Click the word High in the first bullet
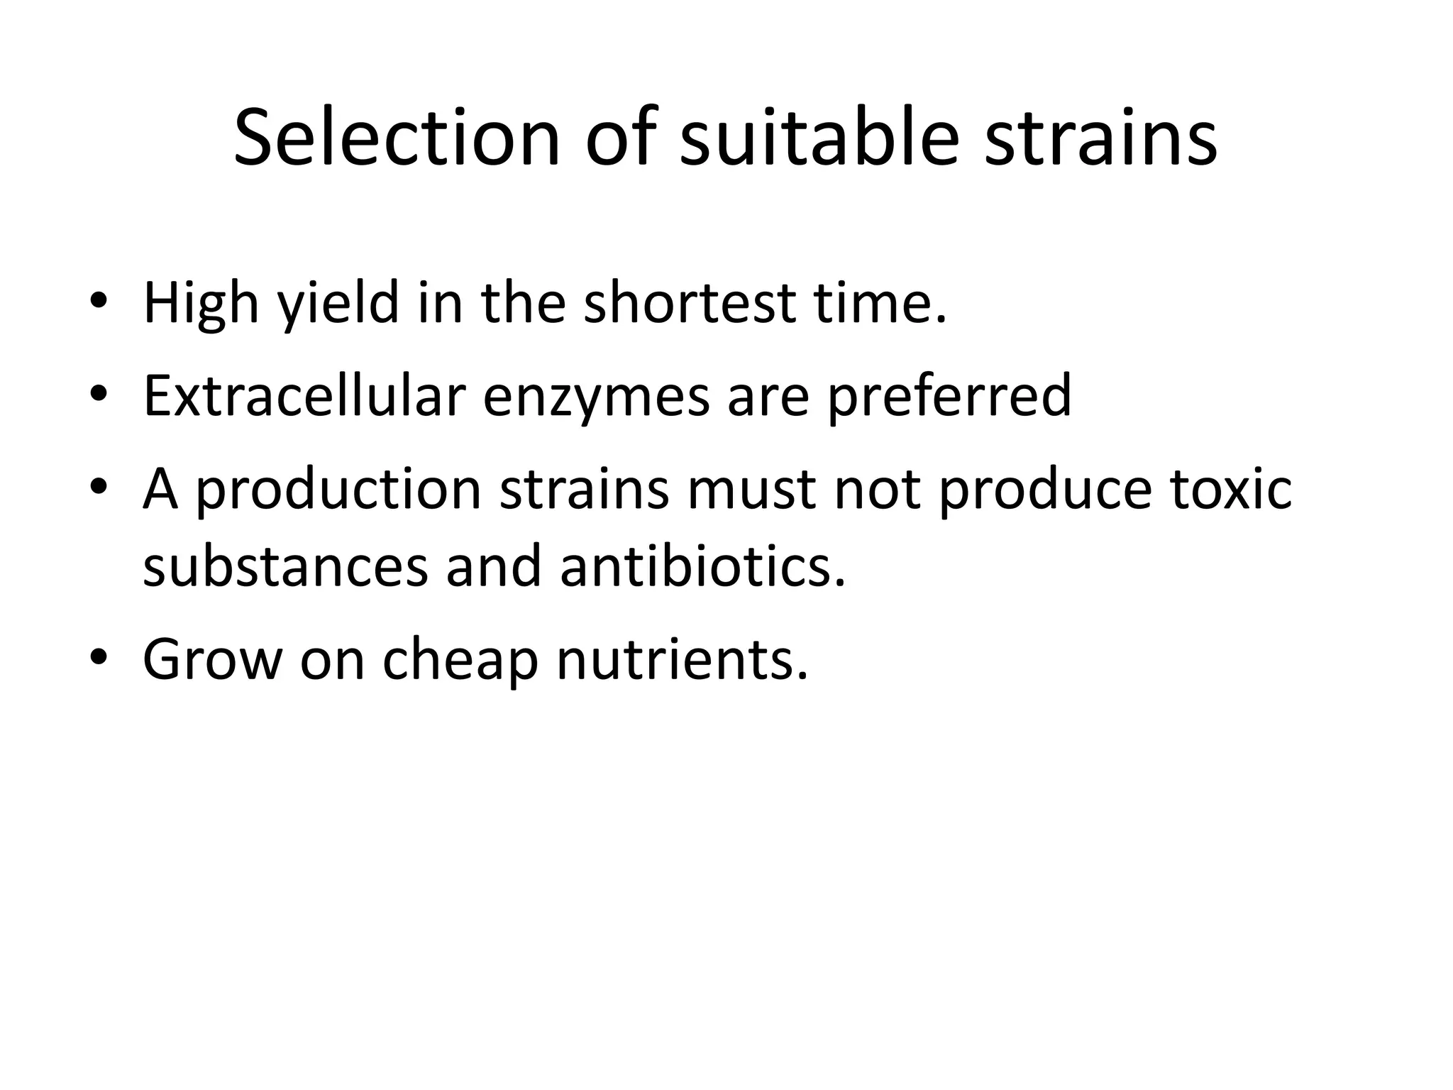pos(201,303)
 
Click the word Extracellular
pos(304,395)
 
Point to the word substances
pos(285,566)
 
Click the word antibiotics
pos(702,566)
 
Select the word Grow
pos(212,659)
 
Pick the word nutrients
pos(682,659)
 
